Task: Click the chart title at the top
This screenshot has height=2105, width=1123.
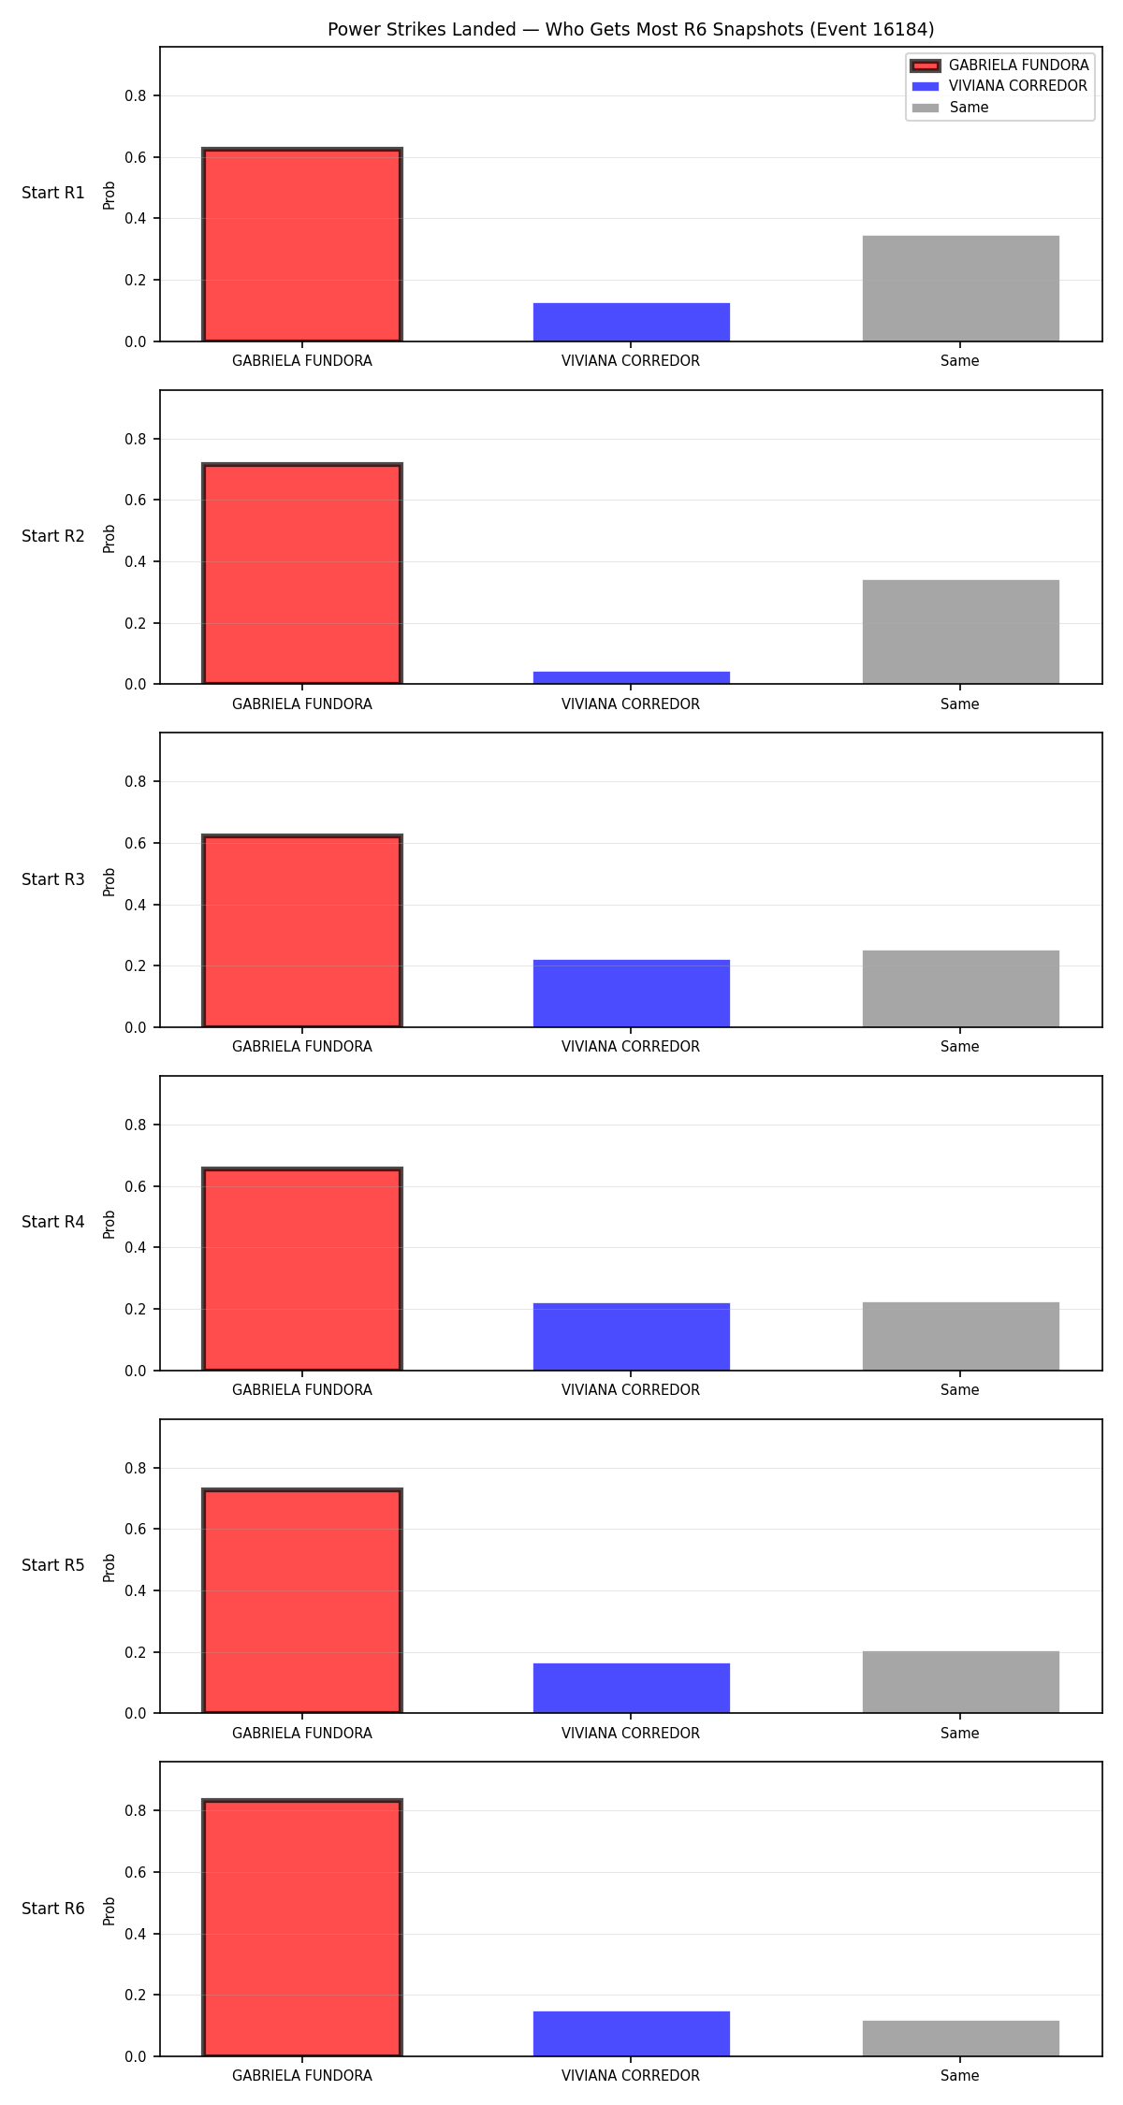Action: pyautogui.click(x=631, y=30)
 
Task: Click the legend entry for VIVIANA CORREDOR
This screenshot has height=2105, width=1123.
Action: pyautogui.click(x=999, y=86)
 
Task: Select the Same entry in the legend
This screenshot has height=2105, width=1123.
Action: pyautogui.click(x=950, y=108)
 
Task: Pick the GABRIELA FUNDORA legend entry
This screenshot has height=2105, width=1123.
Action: pyautogui.click(x=999, y=65)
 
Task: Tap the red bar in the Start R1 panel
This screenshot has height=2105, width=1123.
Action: pyautogui.click(x=302, y=245)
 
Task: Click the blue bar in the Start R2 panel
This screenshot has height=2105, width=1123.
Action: pyautogui.click(x=632, y=678)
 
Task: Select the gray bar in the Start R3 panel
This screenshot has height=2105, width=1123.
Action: pyautogui.click(x=961, y=989)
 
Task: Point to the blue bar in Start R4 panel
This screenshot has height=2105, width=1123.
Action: pyautogui.click(x=632, y=1337)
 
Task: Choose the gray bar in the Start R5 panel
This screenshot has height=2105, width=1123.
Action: pyautogui.click(x=961, y=1682)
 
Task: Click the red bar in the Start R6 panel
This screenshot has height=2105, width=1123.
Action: pyautogui.click(x=302, y=1928)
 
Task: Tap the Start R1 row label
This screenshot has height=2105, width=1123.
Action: pyautogui.click(x=53, y=193)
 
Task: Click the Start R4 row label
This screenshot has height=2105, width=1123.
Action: pyautogui.click(x=53, y=1222)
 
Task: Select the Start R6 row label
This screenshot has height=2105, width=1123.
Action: pyautogui.click(x=53, y=1909)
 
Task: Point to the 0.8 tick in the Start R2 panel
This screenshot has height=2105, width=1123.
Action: pyautogui.click(x=136, y=439)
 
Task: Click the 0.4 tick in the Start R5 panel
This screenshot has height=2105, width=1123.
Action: pyautogui.click(x=136, y=1590)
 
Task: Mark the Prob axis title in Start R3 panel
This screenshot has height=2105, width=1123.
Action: pyautogui.click(x=109, y=881)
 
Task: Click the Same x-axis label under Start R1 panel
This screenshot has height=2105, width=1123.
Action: pyautogui.click(x=960, y=361)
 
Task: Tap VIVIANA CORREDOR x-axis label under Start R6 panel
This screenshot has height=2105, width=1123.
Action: pyautogui.click(x=631, y=2076)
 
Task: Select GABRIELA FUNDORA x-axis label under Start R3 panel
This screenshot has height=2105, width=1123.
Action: pyautogui.click(x=302, y=1047)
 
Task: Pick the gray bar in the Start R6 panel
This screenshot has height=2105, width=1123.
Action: pyautogui.click(x=961, y=2039)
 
